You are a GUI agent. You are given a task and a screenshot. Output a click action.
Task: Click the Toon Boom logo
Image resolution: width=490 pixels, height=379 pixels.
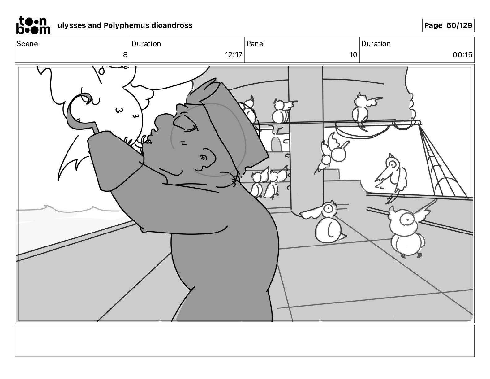pyautogui.click(x=33, y=25)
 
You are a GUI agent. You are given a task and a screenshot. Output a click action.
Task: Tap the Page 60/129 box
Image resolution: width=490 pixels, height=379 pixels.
pyautogui.click(x=448, y=25)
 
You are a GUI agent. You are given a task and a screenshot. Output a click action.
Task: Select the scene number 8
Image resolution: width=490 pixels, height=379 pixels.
pyautogui.click(x=125, y=55)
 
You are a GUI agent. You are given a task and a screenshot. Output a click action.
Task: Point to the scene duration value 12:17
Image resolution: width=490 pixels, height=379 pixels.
pyautogui.click(x=234, y=55)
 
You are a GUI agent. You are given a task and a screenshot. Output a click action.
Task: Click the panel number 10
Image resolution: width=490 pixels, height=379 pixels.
pyautogui.click(x=353, y=55)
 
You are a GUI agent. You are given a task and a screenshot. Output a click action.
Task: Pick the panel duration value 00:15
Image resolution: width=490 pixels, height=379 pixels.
pyautogui.click(x=462, y=55)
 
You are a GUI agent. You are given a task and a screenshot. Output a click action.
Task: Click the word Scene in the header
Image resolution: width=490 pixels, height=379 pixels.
pyautogui.click(x=27, y=44)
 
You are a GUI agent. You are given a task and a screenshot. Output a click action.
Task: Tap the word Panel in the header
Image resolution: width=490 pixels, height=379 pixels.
pyautogui.click(x=256, y=44)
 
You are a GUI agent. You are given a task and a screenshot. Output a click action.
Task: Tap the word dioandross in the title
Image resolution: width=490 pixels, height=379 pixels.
pyautogui.click(x=172, y=25)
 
